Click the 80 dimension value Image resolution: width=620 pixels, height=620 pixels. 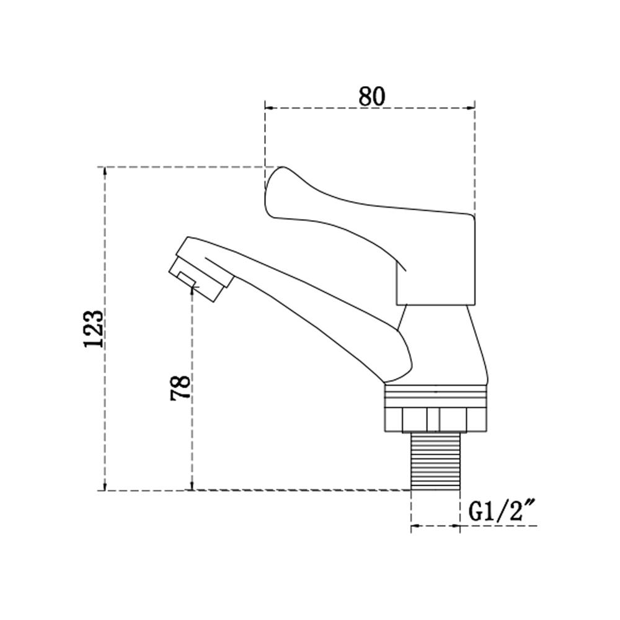[371, 97]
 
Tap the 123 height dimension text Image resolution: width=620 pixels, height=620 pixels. [94, 329]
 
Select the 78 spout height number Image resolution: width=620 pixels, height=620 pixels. [180, 388]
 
